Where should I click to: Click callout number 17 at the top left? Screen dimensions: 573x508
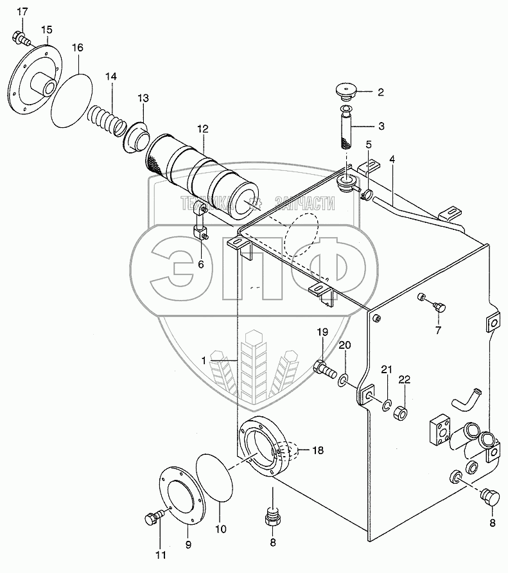(x=22, y=12)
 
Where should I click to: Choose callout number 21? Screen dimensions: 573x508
(x=386, y=369)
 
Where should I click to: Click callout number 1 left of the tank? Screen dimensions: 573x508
(x=204, y=361)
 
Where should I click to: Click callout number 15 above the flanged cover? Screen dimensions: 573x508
(x=46, y=30)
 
